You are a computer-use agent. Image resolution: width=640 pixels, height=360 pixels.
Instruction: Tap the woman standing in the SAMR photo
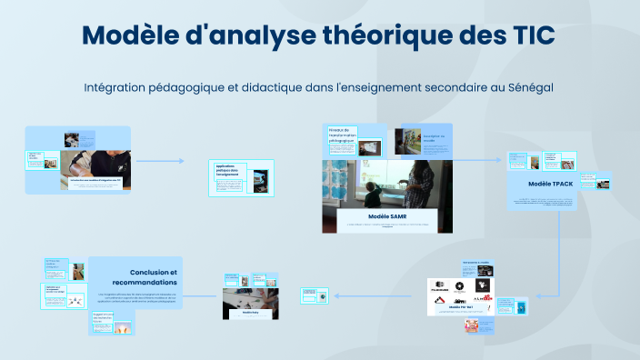click(x=421, y=182)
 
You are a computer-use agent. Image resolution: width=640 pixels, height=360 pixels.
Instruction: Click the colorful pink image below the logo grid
click(x=471, y=325)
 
